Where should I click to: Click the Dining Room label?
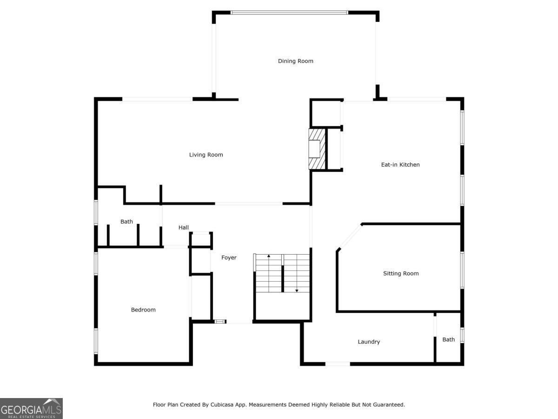tap(295, 61)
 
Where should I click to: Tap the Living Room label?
tap(206, 155)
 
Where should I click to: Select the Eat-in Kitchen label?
tap(400, 165)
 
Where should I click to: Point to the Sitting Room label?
tap(401, 273)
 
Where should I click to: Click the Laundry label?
tap(369, 342)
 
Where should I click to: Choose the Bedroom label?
tap(143, 310)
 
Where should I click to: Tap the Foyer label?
tap(229, 258)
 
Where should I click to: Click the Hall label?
tap(184, 228)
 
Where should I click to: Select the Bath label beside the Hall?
tap(126, 222)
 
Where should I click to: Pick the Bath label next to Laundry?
tap(448, 339)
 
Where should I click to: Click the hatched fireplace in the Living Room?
tap(317, 149)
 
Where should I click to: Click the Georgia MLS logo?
tap(31, 409)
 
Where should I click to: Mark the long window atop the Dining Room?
tap(289, 13)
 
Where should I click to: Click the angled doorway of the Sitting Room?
tap(351, 237)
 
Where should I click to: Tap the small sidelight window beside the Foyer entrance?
tap(220, 322)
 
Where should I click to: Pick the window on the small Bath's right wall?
tap(462, 335)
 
